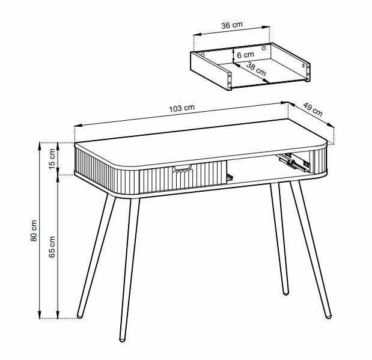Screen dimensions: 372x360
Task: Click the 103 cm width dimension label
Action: click(x=181, y=108)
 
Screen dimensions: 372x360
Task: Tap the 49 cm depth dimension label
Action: click(x=313, y=109)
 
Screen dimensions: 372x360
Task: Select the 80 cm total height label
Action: click(x=34, y=231)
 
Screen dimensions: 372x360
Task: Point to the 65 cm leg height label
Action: click(x=52, y=247)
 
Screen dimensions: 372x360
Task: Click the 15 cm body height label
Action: click(x=52, y=159)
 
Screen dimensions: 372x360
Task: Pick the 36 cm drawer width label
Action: click(x=232, y=25)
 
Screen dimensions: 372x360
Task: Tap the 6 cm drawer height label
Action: click(x=245, y=55)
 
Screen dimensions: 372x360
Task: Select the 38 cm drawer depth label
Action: click(x=256, y=69)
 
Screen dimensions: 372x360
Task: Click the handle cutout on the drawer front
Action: click(x=182, y=168)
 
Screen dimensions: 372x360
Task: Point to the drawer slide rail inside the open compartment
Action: click(x=294, y=162)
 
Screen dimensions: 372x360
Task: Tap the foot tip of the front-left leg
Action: click(x=122, y=340)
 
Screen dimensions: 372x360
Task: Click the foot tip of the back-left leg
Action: click(x=80, y=316)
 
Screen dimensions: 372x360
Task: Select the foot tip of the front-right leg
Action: click(x=328, y=316)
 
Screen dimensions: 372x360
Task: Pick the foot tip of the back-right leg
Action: click(x=286, y=293)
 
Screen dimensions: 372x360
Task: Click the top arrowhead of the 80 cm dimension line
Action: click(x=40, y=145)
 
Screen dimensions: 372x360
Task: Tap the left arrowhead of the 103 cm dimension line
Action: click(x=78, y=126)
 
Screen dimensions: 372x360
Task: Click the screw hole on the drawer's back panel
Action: click(x=264, y=48)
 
